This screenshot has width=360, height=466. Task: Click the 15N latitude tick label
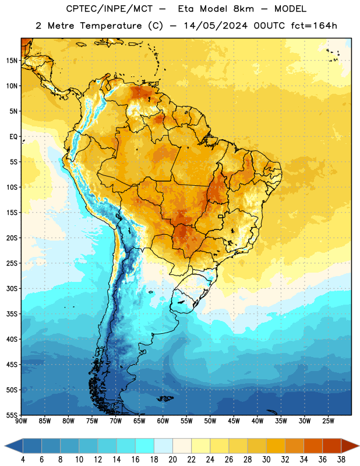pos(12,61)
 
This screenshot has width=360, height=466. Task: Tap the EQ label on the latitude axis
pos(13,137)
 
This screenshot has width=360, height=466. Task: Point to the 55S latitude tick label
pos(12,415)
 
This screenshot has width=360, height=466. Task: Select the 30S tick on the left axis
pos(12,288)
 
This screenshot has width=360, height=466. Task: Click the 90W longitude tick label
pos(21,421)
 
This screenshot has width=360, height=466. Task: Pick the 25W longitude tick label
pos(328,421)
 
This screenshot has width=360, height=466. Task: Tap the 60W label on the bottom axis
pos(163,421)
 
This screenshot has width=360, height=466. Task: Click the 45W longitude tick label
pos(234,421)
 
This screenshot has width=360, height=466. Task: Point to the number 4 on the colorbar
pos(23,460)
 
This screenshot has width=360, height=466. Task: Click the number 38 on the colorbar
pos(341,460)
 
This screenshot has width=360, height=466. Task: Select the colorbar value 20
pos(172,460)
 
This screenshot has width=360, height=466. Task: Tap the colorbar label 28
pos(248,460)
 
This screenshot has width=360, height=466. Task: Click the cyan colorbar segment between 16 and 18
pos(145,446)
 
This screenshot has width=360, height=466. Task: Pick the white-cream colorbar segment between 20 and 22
pos(182,446)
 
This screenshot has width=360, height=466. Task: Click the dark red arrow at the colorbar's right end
pos(350,446)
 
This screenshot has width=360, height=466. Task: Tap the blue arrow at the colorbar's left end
pos(13,446)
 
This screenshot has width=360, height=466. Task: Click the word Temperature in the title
pos(111,26)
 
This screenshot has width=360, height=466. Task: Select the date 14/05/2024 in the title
pos(215,26)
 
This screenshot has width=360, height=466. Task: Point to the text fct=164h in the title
pos(313,26)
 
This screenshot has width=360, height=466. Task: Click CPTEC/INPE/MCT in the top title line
pos(110,9)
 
